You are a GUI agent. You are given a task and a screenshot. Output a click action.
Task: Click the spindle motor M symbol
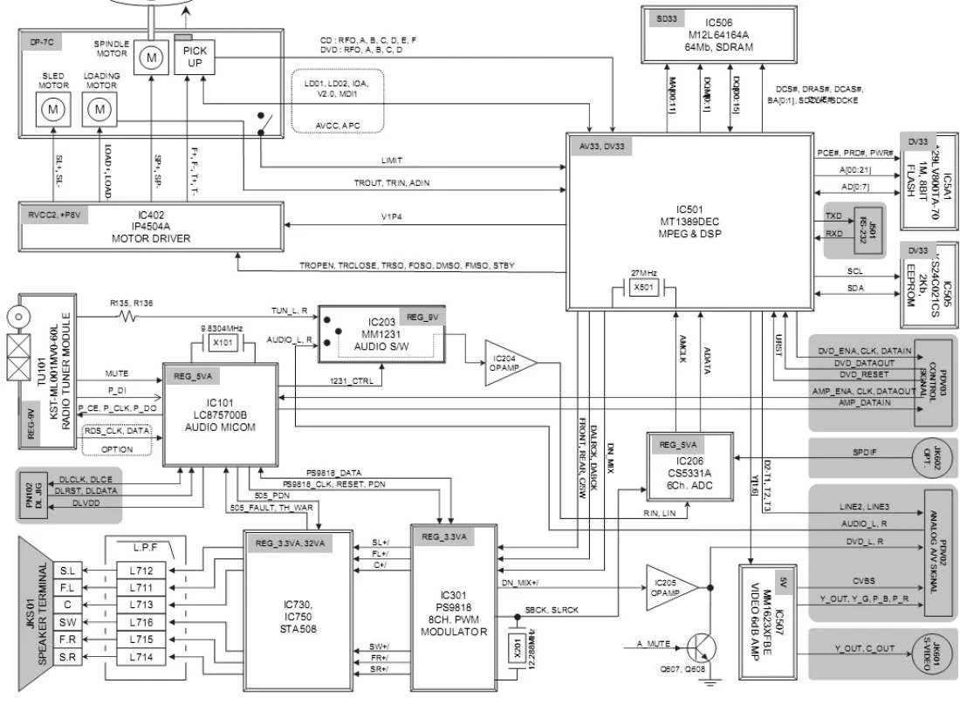[152, 58]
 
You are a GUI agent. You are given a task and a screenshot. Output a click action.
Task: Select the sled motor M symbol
[54, 110]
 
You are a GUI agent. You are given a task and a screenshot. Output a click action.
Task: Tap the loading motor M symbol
[100, 110]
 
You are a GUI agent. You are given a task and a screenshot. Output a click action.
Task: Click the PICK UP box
[195, 58]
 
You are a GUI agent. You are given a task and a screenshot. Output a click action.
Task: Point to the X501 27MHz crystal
[643, 287]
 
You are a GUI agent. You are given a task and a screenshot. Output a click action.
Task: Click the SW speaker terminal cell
[68, 622]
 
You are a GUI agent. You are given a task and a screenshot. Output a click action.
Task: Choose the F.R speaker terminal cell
[68, 639]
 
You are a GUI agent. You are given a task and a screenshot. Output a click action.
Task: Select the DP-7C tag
[41, 40]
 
